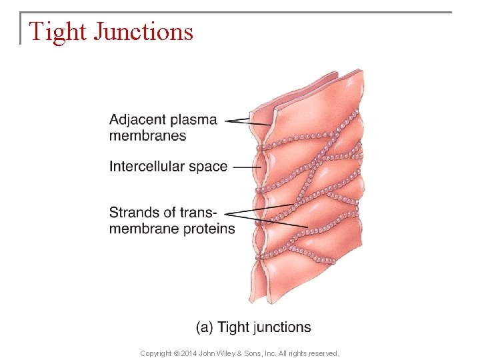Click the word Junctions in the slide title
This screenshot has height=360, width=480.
click(x=143, y=32)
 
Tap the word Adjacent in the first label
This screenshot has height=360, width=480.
click(x=137, y=120)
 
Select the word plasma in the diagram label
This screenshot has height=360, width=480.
click(x=193, y=121)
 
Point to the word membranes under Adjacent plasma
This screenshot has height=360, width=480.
click(x=147, y=135)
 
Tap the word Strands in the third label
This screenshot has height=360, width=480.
click(x=133, y=213)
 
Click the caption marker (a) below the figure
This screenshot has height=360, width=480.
click(x=205, y=327)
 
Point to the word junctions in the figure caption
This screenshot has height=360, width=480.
click(x=283, y=327)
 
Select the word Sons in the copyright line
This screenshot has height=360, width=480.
click(x=266, y=353)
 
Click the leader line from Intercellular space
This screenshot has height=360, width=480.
click(x=247, y=167)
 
